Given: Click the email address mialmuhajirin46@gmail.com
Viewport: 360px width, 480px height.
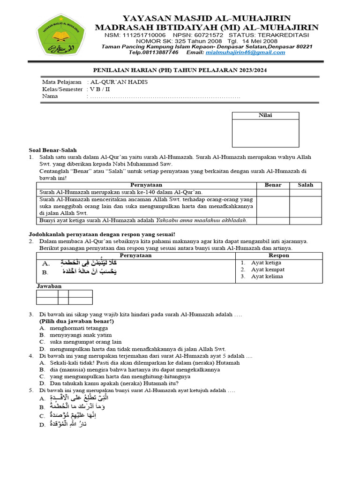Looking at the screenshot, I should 245,52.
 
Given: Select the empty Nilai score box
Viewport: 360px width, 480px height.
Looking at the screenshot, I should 266,133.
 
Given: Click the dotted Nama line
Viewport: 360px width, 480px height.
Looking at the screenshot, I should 164,97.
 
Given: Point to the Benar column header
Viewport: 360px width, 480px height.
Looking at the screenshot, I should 273,185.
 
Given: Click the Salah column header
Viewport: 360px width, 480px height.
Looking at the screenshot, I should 305,185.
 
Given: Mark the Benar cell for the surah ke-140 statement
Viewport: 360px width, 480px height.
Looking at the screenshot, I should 273,192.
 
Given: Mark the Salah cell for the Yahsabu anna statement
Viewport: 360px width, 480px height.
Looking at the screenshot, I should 305,220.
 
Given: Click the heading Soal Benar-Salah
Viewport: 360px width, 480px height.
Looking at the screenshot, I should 52,150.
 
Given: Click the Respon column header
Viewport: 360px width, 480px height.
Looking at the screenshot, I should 279,255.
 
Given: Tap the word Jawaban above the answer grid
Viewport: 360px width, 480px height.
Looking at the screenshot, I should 49,286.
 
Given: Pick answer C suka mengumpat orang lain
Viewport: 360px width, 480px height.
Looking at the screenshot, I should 85,342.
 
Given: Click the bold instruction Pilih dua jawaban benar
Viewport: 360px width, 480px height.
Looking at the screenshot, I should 76,322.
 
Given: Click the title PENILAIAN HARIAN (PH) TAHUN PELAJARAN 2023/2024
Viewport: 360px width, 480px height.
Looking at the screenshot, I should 179,70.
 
